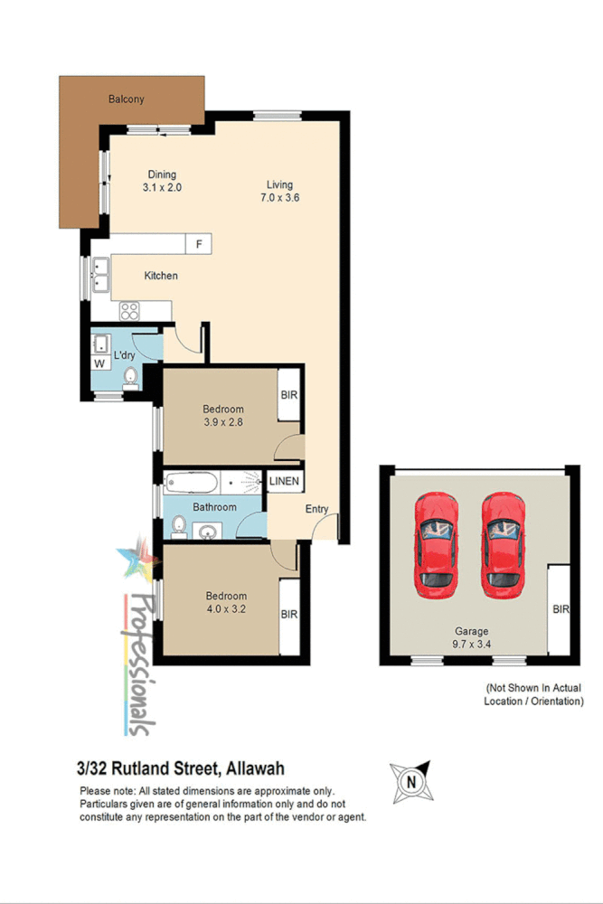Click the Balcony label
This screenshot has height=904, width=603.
click(126, 99)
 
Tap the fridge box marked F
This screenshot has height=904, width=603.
click(198, 243)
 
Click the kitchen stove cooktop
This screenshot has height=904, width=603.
click(129, 310)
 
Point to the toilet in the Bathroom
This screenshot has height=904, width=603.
click(178, 526)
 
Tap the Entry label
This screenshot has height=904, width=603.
click(316, 509)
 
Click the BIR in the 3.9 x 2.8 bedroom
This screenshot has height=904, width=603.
click(289, 395)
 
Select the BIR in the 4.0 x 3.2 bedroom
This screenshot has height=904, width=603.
click(289, 615)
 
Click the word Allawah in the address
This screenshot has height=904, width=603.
click(254, 768)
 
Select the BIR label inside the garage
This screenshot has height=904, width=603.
click(561, 609)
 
